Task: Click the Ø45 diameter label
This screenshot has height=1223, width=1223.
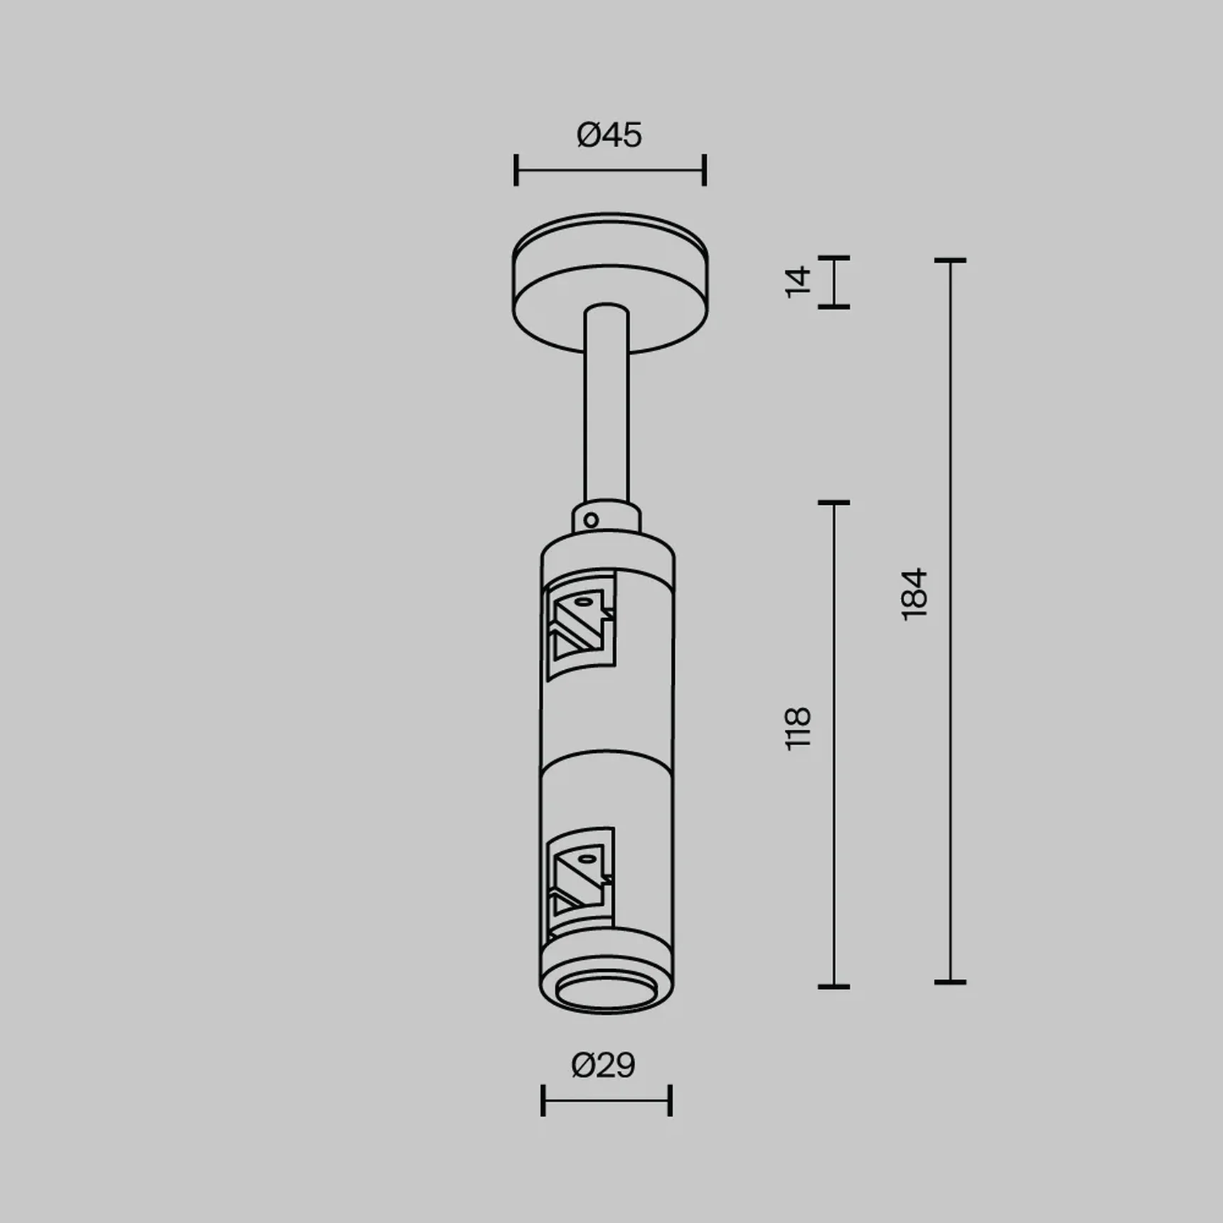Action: click(x=609, y=135)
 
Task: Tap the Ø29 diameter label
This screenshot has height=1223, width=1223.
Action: click(x=603, y=1065)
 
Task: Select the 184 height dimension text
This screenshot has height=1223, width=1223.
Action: click(x=914, y=594)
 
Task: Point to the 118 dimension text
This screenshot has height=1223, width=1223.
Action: click(x=798, y=728)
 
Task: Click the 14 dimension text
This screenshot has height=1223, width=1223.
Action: click(x=798, y=282)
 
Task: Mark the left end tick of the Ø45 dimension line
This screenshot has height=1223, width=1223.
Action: click(x=516, y=170)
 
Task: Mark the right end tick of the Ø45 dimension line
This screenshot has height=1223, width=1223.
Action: click(x=704, y=170)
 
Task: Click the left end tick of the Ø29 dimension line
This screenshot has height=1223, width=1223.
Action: click(x=543, y=1100)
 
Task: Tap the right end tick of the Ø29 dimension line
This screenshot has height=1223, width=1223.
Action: click(x=670, y=1100)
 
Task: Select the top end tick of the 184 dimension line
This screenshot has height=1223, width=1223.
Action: click(x=950, y=261)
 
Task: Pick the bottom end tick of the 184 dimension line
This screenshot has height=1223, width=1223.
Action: click(x=950, y=982)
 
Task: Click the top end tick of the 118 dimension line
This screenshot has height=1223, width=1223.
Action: click(x=833, y=503)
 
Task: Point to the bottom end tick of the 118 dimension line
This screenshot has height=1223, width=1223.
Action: click(x=833, y=986)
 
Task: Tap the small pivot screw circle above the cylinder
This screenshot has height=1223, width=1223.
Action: click(x=591, y=520)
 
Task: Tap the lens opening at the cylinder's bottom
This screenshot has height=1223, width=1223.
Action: click(x=606, y=993)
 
